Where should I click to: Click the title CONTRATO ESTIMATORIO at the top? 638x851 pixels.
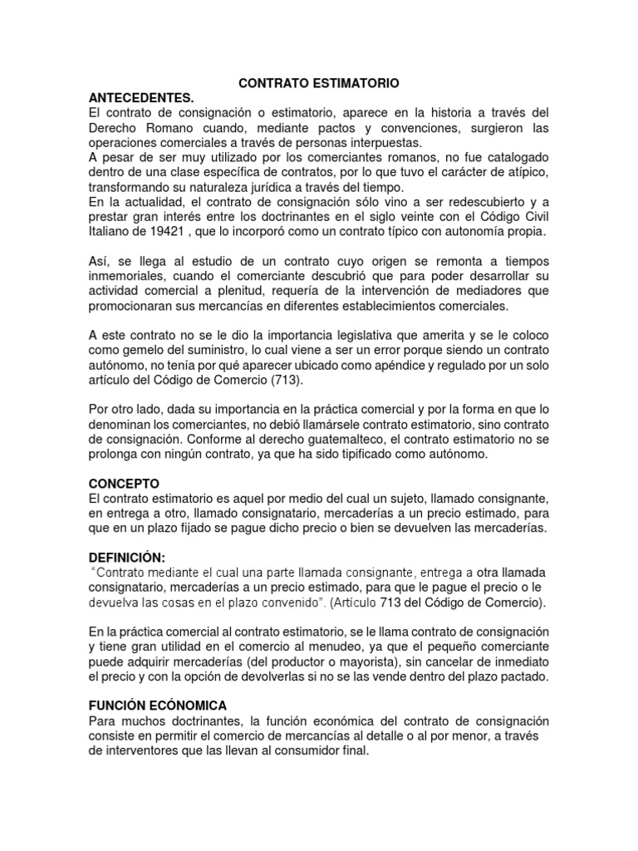click(x=319, y=84)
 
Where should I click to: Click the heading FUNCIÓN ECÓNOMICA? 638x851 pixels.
click(x=158, y=705)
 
